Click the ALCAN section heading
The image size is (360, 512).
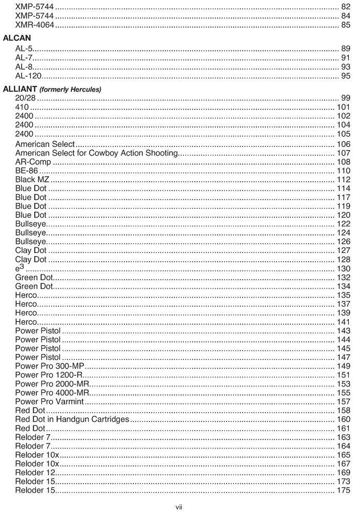[17, 37]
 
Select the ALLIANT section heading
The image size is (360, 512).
[20, 89]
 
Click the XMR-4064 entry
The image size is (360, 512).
[35, 25]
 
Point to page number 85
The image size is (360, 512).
[346, 25]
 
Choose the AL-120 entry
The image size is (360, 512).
[28, 76]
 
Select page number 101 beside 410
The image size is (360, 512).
[344, 107]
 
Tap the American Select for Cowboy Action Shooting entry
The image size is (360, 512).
[96, 153]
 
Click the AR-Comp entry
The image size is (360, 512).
[33, 162]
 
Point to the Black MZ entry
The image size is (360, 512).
[32, 179]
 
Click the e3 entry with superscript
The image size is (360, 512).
[20, 269]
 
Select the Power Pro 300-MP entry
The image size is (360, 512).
[50, 366]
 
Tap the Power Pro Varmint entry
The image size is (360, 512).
[49, 402]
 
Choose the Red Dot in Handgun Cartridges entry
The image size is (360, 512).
[72, 419]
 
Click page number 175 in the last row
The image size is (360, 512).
[344, 490]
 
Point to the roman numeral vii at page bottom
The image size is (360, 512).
[179, 507]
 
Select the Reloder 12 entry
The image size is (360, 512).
[35, 472]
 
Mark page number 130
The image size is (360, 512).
[344, 269]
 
